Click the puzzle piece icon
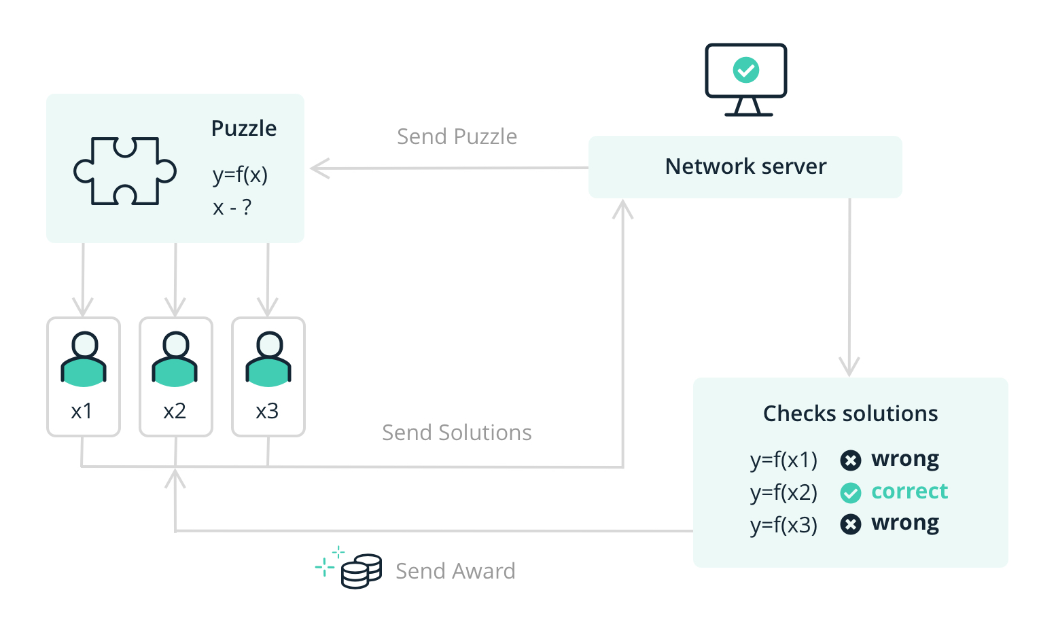124,170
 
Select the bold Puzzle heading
243,128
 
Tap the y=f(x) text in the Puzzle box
240,175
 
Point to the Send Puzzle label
457,136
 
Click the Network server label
745,166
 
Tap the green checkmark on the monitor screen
746,69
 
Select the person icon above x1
84,359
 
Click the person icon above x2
175,359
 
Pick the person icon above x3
268,359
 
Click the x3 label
267,411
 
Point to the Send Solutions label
457,433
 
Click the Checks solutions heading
850,414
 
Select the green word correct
909,491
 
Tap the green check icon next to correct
850,492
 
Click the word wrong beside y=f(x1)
905,459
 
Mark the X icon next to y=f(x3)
850,524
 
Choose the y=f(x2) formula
784,492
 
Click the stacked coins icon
361,571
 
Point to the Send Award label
455,571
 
